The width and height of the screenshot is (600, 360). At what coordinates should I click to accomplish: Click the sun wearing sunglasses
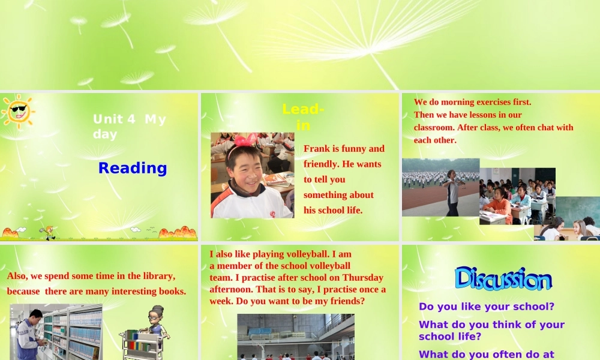point(18,110)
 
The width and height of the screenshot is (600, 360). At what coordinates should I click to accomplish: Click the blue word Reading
point(133,168)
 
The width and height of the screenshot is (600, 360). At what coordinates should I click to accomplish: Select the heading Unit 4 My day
point(130,127)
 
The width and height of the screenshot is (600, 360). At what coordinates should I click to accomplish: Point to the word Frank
point(317,149)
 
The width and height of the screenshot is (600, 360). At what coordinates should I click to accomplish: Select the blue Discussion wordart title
point(503,279)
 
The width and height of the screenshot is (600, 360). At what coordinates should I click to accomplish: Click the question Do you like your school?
point(486,307)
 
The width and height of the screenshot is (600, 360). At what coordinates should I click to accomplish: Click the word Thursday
point(362,277)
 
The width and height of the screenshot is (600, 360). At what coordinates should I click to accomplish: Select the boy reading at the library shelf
point(28,334)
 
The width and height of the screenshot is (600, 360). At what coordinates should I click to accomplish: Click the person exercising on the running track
point(452,190)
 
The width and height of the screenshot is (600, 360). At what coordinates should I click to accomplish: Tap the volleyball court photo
point(295,336)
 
